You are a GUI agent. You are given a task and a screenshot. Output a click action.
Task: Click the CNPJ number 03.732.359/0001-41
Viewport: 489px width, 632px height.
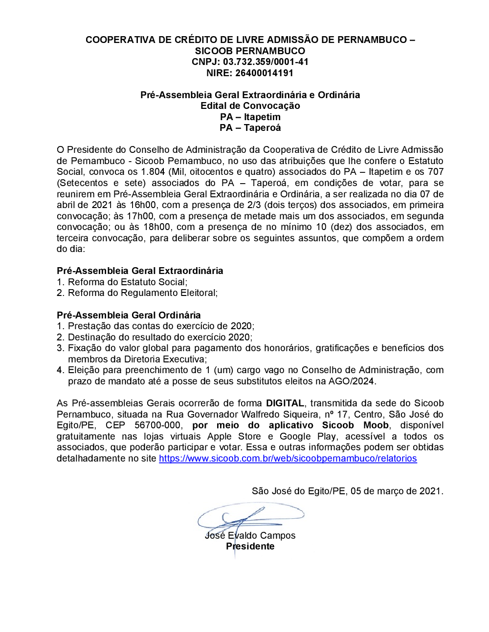266,62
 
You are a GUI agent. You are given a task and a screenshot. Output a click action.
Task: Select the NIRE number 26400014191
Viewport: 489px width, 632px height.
264,73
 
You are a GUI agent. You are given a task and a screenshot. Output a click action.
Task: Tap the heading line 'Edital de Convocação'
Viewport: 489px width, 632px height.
250,106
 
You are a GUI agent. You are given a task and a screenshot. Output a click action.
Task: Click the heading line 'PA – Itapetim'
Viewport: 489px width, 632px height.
250,117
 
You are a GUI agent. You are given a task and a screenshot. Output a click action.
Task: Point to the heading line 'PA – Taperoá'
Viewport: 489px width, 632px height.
250,128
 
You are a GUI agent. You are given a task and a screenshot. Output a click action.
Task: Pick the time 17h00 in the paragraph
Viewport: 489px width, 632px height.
141,216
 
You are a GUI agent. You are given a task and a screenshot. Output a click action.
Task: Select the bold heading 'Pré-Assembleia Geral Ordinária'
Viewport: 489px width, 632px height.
129,316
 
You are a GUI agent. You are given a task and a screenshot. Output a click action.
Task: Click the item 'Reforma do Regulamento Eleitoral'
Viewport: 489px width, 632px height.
142,293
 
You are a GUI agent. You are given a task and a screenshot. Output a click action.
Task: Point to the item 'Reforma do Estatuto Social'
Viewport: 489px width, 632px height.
127,282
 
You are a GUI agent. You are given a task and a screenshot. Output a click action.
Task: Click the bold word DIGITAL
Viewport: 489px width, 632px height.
285,403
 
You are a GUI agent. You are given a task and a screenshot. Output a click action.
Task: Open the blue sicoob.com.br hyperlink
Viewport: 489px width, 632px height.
288,459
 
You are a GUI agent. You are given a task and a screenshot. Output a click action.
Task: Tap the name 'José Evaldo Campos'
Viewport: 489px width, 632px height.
250,536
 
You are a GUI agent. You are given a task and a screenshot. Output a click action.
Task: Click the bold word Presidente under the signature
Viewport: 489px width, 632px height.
250,547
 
